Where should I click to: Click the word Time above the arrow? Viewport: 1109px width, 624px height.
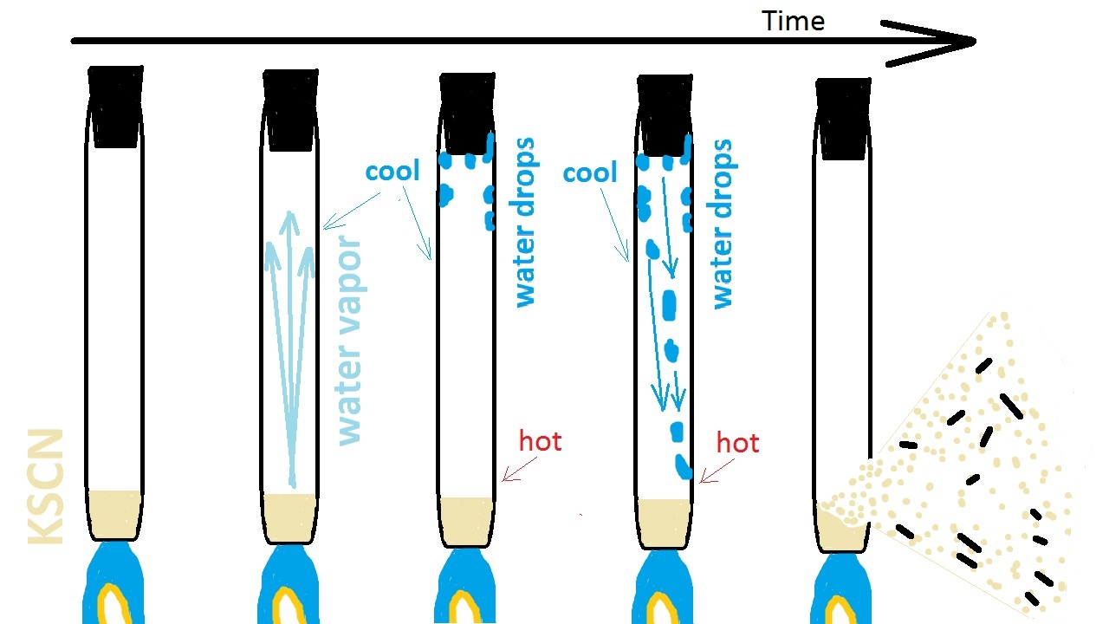(793, 21)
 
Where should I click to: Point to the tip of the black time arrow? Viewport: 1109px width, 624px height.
(974, 41)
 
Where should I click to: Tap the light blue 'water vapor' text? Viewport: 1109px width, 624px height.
(348, 339)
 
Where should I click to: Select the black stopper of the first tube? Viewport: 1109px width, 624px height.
(115, 106)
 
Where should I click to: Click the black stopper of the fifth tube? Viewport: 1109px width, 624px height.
(843, 118)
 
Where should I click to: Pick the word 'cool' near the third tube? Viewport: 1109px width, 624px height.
(392, 171)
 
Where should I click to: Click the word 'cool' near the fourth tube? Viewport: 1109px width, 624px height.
(589, 172)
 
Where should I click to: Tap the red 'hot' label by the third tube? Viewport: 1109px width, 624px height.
(540, 441)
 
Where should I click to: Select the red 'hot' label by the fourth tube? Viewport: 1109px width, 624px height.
(737, 443)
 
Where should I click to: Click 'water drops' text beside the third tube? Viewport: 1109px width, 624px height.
(525, 222)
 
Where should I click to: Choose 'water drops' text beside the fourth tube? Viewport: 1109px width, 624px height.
(722, 224)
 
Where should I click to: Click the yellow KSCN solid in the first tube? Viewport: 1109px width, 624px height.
(115, 511)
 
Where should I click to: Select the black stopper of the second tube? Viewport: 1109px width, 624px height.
(290, 107)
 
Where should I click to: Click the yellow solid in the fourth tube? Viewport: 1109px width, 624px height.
(665, 522)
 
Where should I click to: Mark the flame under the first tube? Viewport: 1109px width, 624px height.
(115, 588)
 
